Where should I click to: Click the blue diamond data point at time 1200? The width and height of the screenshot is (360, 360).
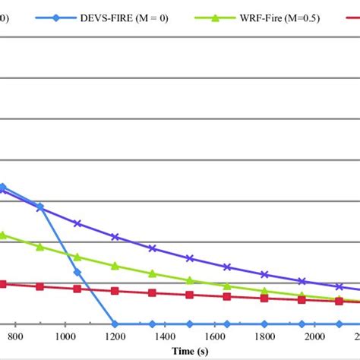pyautogui.click(x=115, y=324)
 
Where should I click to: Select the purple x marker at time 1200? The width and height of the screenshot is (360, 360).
pyautogui.click(x=115, y=237)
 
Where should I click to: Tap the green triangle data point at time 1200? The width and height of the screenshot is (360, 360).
pyautogui.click(x=115, y=266)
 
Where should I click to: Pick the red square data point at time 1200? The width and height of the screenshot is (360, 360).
pyautogui.click(x=115, y=291)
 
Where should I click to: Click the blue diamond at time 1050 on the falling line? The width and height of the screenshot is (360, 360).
pyautogui.click(x=77, y=272)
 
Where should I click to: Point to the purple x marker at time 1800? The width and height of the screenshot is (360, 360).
pyautogui.click(x=264, y=274)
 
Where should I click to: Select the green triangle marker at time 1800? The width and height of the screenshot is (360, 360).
pyautogui.click(x=264, y=291)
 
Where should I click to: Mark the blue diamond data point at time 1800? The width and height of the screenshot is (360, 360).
pyautogui.click(x=264, y=324)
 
